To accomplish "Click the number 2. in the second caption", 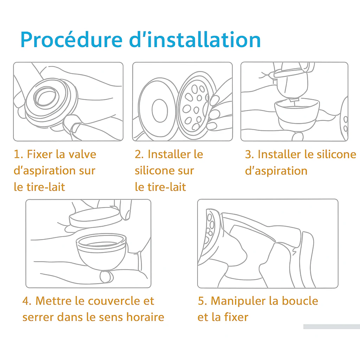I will pyautogui.click(x=140, y=154).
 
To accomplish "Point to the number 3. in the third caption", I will pyautogui.click(x=250, y=154).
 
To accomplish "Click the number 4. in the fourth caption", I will pyautogui.click(x=27, y=301).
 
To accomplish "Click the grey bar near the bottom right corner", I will pyautogui.click(x=331, y=327).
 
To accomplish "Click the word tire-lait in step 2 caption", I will pyautogui.click(x=160, y=187).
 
